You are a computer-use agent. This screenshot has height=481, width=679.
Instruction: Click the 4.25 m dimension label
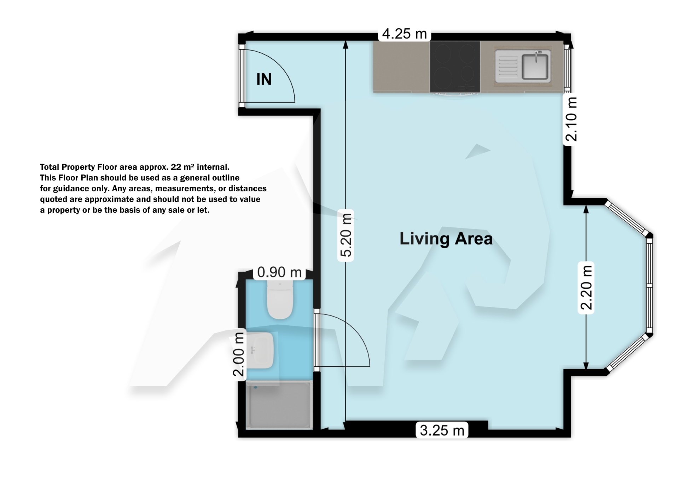click(405, 34)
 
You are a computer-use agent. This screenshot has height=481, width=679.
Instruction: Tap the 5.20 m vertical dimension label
click(346, 235)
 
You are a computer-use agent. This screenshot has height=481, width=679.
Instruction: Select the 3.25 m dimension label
click(442, 430)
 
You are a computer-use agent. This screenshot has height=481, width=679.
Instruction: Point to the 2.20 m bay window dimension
click(586, 288)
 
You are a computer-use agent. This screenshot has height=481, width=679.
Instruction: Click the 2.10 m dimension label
click(571, 119)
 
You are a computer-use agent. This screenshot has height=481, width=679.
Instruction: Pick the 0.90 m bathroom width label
click(279, 272)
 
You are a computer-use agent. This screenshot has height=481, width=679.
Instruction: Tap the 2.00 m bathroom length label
click(239, 355)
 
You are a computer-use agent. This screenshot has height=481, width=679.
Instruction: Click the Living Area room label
click(446, 239)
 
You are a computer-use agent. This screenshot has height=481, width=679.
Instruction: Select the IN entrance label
click(264, 79)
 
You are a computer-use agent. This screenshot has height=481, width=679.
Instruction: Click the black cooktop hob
click(455, 66)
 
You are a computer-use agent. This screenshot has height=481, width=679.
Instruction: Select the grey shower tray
click(279, 405)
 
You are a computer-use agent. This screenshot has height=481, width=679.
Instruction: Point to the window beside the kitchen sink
click(568, 67)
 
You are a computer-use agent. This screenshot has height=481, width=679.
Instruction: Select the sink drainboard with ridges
click(507, 66)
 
